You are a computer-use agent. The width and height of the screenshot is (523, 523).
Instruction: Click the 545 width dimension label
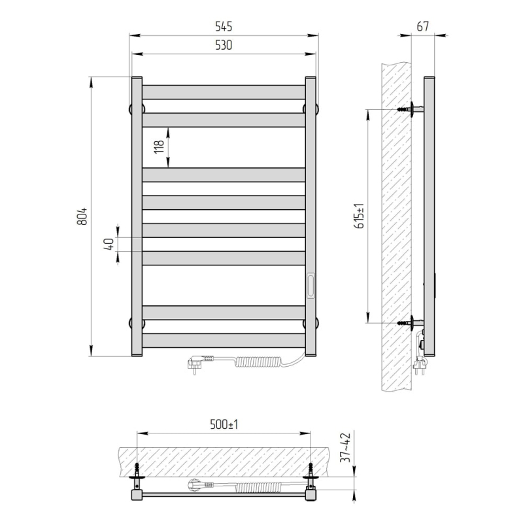[x=224, y=26]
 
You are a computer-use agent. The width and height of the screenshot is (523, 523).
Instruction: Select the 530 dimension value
[x=224, y=45]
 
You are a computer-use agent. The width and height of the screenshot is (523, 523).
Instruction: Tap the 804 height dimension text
[x=82, y=216]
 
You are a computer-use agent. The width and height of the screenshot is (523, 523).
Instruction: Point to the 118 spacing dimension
[x=160, y=146]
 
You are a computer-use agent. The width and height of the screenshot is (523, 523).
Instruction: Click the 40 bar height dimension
[x=109, y=244]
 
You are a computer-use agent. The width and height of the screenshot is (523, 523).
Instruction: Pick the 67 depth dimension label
[x=422, y=26]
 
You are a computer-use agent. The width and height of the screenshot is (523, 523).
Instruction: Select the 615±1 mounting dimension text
[x=360, y=216]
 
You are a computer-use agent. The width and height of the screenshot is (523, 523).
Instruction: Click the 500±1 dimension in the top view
[x=224, y=424]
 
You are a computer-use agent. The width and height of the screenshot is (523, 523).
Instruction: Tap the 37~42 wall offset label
[x=346, y=448]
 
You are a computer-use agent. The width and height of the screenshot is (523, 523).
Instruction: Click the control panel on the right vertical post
[x=311, y=286]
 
